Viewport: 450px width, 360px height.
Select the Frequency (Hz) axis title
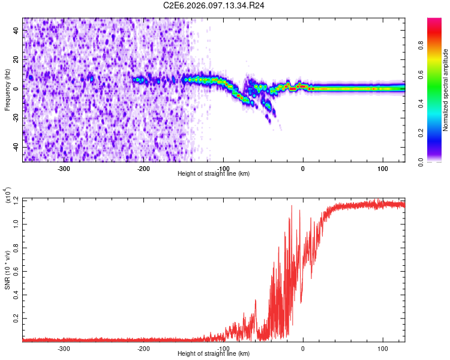(7, 90)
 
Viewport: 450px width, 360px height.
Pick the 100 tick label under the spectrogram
(382, 168)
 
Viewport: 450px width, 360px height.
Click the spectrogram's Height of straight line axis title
(214, 173)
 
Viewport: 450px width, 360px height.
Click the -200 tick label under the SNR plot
(143, 348)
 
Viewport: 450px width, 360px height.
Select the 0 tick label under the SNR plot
(302, 348)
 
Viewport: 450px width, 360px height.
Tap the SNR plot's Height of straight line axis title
(214, 353)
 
